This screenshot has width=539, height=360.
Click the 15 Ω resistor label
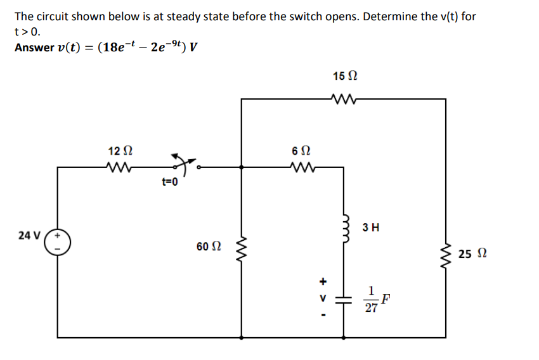point(344,76)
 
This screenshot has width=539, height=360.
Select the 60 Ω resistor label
point(207,246)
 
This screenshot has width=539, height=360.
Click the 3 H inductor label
point(371,227)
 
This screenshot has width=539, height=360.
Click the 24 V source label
point(30,235)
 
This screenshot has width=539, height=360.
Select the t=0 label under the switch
point(170,183)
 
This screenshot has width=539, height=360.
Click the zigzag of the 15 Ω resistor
point(344,98)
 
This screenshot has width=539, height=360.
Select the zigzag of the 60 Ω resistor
point(242,253)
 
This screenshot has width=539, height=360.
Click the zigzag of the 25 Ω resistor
point(445,255)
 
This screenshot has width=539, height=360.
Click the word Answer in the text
point(34,48)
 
